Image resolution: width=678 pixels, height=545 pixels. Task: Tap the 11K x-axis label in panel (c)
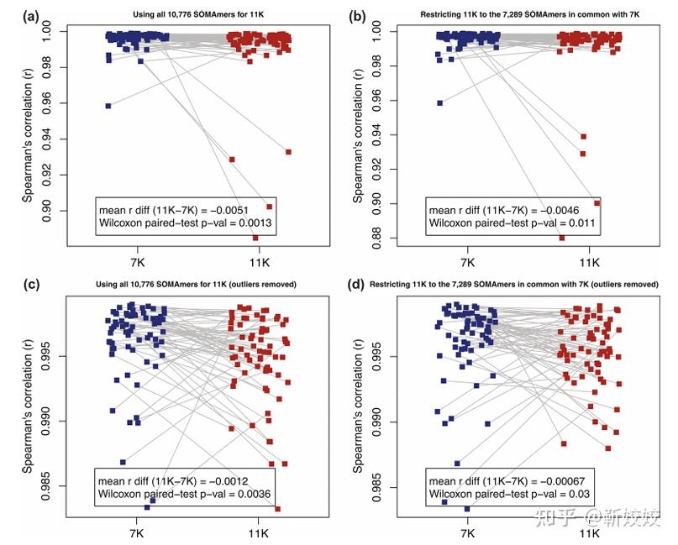[x=259, y=532]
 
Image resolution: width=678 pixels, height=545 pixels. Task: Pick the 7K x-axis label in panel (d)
[x=466, y=532]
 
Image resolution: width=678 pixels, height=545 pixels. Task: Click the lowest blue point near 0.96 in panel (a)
[x=108, y=106]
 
